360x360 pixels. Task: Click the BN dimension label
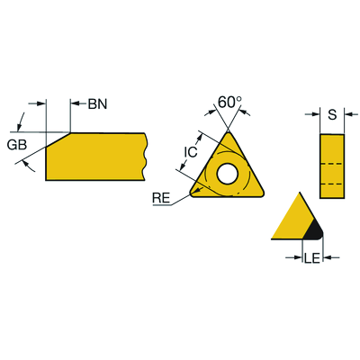pos(97,104)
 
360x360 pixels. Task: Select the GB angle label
pos(17,145)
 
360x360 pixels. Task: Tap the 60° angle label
pos(229,102)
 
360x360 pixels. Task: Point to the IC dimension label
pos(191,152)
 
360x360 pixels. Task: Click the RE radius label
pos(161,198)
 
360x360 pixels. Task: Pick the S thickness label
pos(332,114)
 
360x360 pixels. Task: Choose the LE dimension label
pos(312,258)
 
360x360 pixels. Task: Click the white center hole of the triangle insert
pos(228,174)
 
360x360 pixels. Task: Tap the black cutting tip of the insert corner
pos(314,230)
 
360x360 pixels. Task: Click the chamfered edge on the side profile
pos(58,139)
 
